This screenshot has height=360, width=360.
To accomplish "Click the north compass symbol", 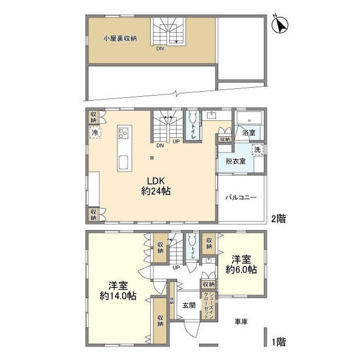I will pyautogui.click(x=280, y=25).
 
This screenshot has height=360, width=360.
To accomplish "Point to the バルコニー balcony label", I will pyautogui.click(x=241, y=197).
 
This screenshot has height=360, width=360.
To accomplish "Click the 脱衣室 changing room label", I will pyautogui.click(x=235, y=161).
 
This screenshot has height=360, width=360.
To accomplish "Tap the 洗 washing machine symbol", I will pyautogui.click(x=257, y=150).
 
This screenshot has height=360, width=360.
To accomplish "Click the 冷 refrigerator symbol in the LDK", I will pyautogui.click(x=95, y=133).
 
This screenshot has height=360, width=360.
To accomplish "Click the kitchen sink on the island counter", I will pyautogui.click(x=124, y=163).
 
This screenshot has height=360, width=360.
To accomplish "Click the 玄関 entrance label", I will pyautogui.click(x=188, y=305).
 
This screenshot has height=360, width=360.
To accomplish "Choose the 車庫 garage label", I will pyautogui.click(x=242, y=321).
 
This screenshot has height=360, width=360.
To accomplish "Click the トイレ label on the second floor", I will pyautogui.click(x=194, y=133).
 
